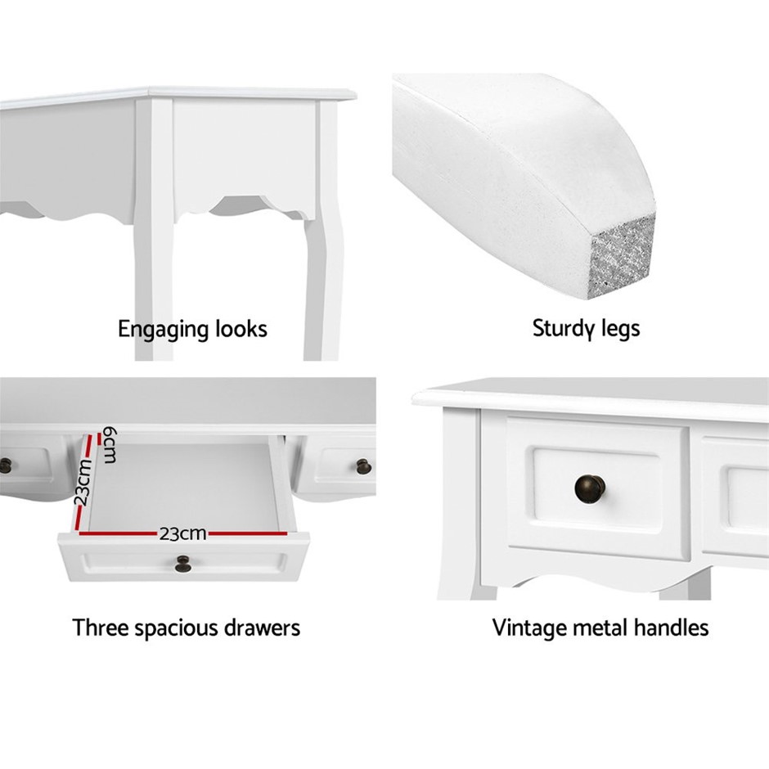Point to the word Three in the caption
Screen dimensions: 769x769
click(101, 627)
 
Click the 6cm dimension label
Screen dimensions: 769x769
click(110, 445)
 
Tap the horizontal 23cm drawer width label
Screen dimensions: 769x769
click(182, 533)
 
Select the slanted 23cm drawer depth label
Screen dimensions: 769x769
click(83, 482)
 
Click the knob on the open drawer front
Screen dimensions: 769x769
click(183, 564)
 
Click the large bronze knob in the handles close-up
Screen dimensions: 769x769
click(590, 488)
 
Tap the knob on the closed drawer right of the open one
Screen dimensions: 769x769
click(363, 466)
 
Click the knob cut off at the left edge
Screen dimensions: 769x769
click(6, 466)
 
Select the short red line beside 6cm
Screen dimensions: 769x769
click(100, 438)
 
